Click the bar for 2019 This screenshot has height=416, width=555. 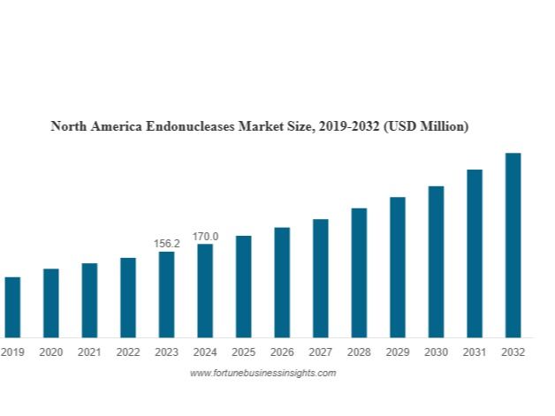point(12,306)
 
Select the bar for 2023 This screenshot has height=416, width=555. point(166,294)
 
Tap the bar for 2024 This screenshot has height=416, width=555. point(205,291)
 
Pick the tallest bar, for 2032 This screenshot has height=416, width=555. point(513,245)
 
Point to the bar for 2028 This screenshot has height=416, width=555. point(359,272)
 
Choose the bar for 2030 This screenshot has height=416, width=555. point(436,261)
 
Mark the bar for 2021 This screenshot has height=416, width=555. point(89,299)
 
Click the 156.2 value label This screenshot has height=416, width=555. point(166,243)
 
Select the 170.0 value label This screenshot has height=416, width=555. point(205,236)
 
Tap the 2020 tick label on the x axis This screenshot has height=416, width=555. point(51,352)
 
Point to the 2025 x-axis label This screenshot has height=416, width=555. point(243,352)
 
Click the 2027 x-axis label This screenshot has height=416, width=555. point(320,352)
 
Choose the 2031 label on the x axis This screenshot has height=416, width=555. point(475,352)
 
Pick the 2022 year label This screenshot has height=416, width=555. point(128,352)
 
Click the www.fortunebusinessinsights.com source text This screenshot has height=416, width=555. point(262,374)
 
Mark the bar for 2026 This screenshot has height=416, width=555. point(282,282)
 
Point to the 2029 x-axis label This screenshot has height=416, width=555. point(398,352)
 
